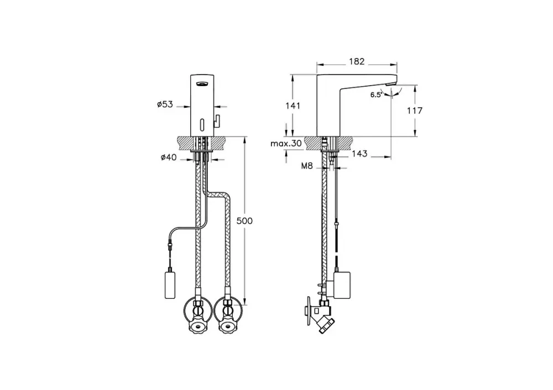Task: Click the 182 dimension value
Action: [x=357, y=61]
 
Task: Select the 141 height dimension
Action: [x=293, y=106]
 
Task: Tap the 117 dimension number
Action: [x=414, y=110]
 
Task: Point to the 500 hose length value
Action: [x=244, y=221]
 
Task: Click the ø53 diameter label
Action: [x=165, y=104]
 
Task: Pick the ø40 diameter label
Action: [x=169, y=157]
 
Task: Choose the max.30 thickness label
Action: [x=286, y=144]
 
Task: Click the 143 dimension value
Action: [x=359, y=154]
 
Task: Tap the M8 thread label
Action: [x=307, y=166]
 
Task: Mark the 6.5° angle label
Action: [x=376, y=95]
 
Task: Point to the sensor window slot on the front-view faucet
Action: [x=202, y=124]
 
